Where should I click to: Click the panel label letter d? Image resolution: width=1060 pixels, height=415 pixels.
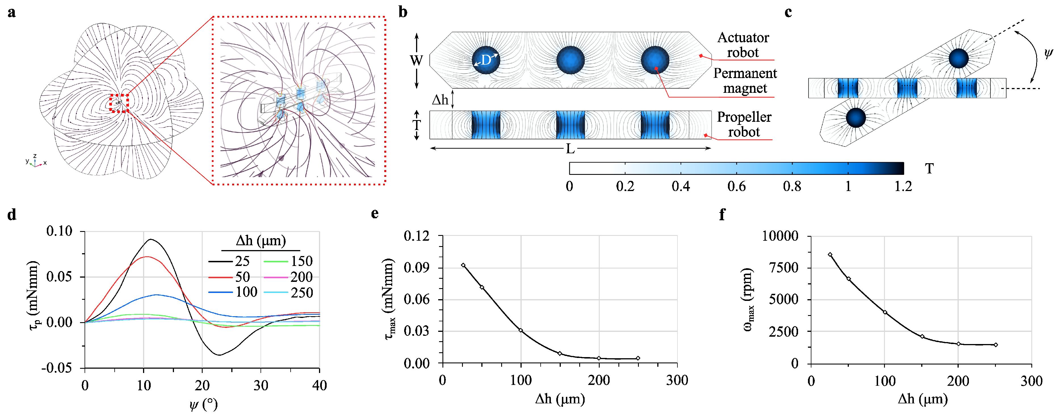[12, 215]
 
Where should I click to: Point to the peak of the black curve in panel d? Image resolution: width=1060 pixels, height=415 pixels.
[151, 240]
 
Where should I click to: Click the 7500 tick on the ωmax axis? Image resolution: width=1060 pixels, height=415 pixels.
[783, 268]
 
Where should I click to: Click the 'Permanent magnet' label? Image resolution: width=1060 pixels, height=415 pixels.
[745, 81]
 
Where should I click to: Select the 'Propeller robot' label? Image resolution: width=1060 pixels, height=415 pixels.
[744, 124]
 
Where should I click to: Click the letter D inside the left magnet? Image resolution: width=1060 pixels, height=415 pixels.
[486, 60]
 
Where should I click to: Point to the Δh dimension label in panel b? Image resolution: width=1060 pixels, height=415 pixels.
[440, 100]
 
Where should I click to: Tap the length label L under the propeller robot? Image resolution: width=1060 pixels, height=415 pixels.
[570, 149]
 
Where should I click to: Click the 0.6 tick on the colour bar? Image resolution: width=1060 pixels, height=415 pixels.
[736, 186]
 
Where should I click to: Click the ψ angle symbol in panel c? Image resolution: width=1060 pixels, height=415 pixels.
[1048, 54]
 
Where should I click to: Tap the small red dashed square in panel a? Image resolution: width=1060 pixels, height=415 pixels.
[119, 103]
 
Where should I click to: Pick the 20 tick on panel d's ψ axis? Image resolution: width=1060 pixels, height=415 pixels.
[202, 386]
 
